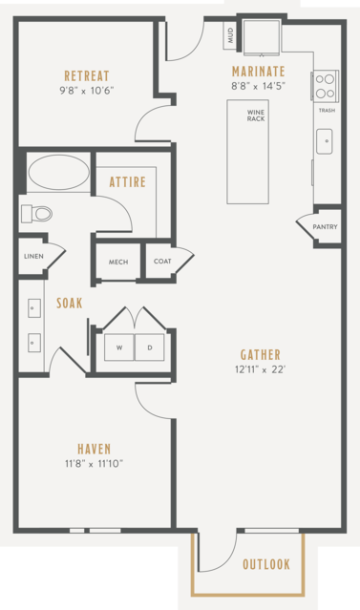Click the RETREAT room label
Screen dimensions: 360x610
coord(87,75)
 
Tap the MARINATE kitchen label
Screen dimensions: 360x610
coord(259,72)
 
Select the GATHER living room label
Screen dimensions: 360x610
coord(261,354)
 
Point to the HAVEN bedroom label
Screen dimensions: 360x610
coord(95,449)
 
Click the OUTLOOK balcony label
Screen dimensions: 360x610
coord(266,564)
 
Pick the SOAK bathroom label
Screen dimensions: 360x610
coord(70,303)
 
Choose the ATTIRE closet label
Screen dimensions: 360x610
coord(128,181)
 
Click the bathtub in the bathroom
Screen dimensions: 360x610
coord(59,173)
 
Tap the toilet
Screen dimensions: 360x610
coord(37,214)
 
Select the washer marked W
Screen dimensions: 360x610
coord(119,347)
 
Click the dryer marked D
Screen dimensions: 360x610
coord(150,347)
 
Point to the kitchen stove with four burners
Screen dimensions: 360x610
coord(325,86)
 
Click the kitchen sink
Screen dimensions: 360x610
coord(325,141)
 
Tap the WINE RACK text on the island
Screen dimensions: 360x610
coord(256,116)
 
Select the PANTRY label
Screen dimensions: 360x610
coord(325,227)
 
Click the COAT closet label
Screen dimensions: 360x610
coord(162,261)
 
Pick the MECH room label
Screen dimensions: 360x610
coord(118,262)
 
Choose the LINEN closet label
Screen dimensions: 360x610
coord(33,257)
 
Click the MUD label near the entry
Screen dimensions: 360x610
coord(230,35)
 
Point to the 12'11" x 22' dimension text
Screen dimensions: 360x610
coord(261,369)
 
